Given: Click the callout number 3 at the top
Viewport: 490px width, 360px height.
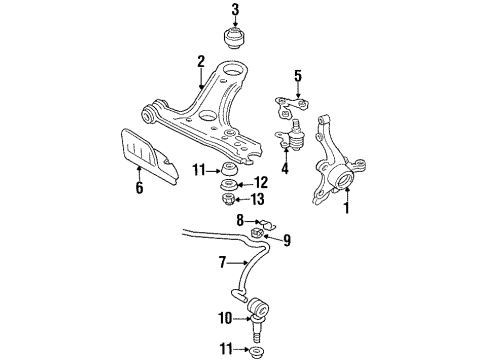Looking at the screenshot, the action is click(x=235, y=10).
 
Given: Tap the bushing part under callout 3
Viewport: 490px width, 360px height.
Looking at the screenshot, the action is click(x=235, y=39).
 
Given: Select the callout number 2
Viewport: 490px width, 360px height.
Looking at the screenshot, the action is click(x=200, y=62).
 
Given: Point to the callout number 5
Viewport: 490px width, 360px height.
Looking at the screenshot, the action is click(x=298, y=76).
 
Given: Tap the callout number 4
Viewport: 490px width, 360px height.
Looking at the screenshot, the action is click(x=284, y=168).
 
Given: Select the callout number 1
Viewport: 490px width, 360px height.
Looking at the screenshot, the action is click(x=347, y=207).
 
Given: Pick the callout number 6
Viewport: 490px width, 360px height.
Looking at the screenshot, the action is click(x=139, y=187).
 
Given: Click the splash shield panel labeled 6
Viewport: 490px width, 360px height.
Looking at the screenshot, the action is click(x=148, y=156).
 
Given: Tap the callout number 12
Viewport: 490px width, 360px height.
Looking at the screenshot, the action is click(x=260, y=183).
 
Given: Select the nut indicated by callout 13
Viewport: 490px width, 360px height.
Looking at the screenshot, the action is click(x=228, y=199).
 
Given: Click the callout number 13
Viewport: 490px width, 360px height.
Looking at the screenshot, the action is click(x=257, y=199).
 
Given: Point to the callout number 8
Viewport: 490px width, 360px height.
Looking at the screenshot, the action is click(x=240, y=220).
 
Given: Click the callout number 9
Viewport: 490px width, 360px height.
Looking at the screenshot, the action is click(x=287, y=240).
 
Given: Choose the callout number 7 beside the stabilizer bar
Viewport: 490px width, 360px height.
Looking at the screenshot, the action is click(x=222, y=262).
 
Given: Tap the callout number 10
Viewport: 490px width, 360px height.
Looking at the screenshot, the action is click(x=225, y=318).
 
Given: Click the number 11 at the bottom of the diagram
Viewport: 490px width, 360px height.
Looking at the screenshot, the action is click(x=226, y=349).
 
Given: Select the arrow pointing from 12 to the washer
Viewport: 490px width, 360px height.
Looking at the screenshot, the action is click(x=245, y=184).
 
